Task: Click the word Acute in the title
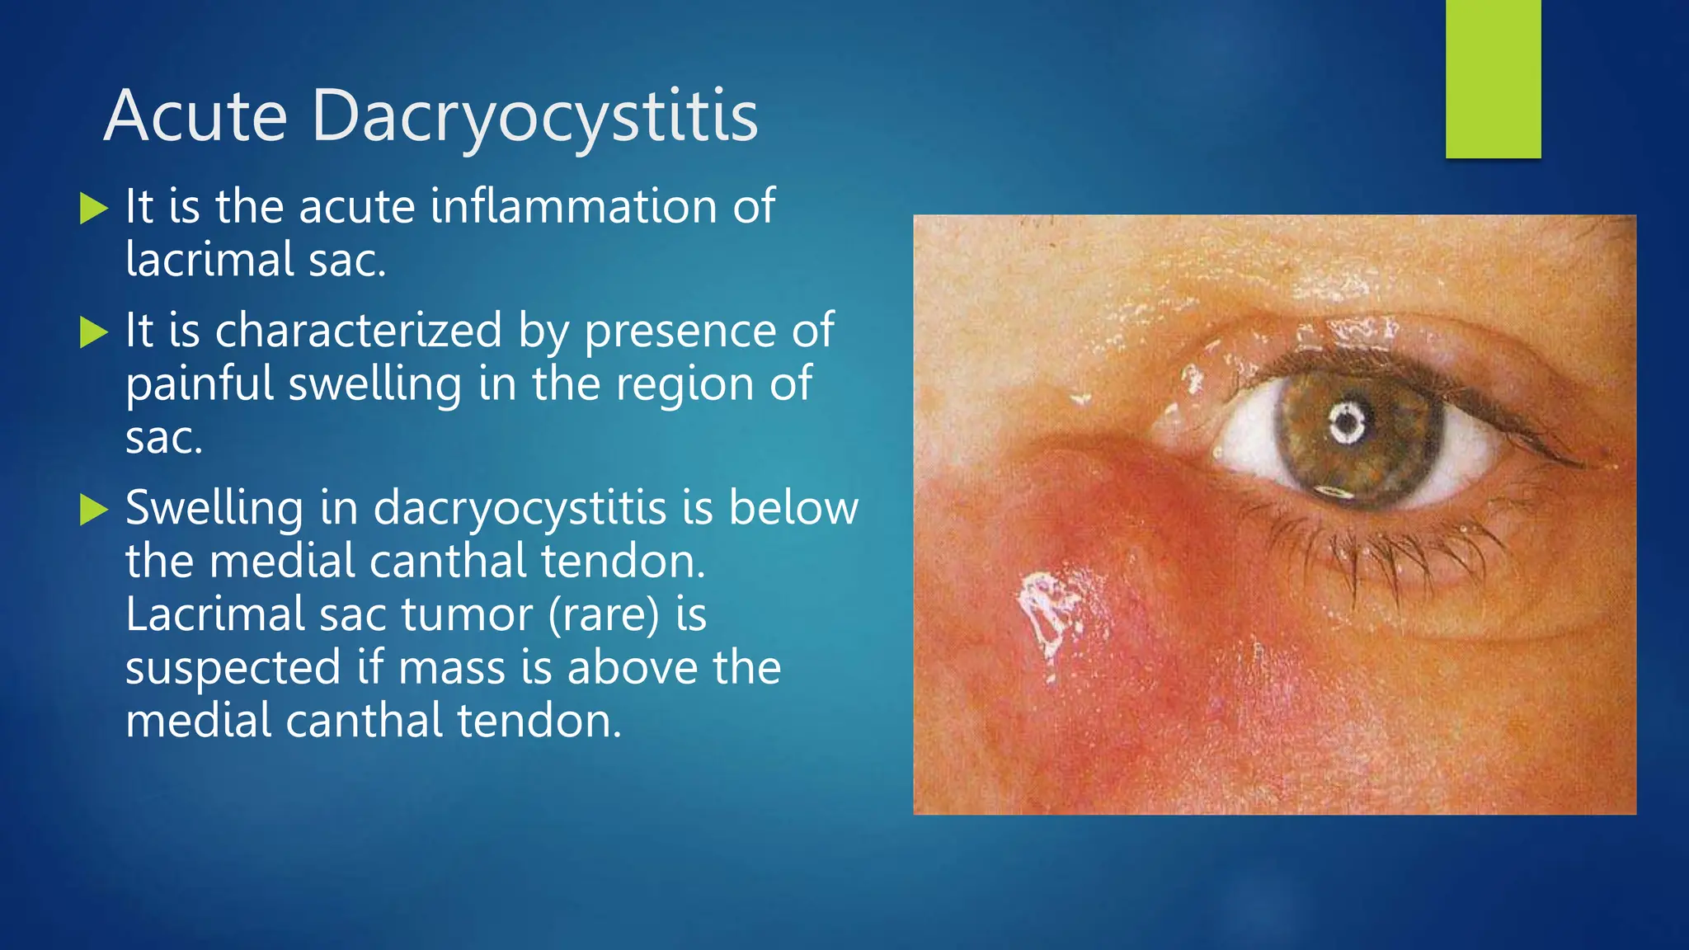[x=195, y=116]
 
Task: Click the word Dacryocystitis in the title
[x=534, y=118]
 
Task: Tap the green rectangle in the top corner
[x=1493, y=79]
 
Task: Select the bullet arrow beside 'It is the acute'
[x=94, y=209]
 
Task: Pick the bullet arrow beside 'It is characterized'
[x=94, y=333]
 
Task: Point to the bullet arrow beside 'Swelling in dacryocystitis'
[x=94, y=510]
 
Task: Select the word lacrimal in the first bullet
[x=209, y=260]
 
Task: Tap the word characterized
[x=358, y=332]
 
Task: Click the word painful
[x=200, y=385]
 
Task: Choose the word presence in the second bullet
[x=680, y=332]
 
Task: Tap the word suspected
[x=233, y=668]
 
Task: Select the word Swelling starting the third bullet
[x=214, y=508]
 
